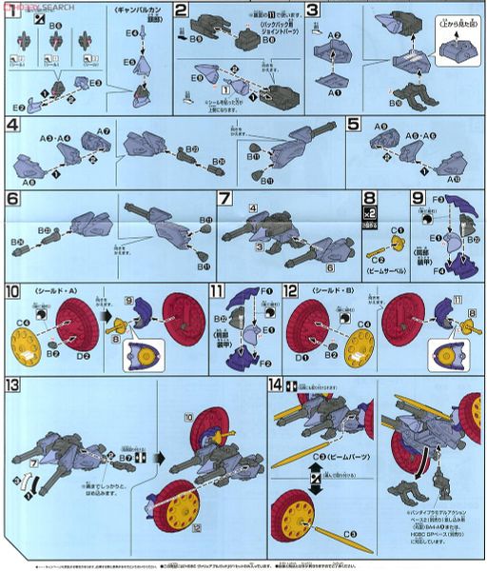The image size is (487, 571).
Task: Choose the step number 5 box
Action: click(x=354, y=125)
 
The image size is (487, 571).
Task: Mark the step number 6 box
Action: click(x=12, y=200)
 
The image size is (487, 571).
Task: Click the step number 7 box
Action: click(x=224, y=199)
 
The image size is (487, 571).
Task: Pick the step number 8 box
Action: click(x=370, y=200)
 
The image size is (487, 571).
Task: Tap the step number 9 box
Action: click(x=418, y=199)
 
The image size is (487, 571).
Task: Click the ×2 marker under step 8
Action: click(x=370, y=215)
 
